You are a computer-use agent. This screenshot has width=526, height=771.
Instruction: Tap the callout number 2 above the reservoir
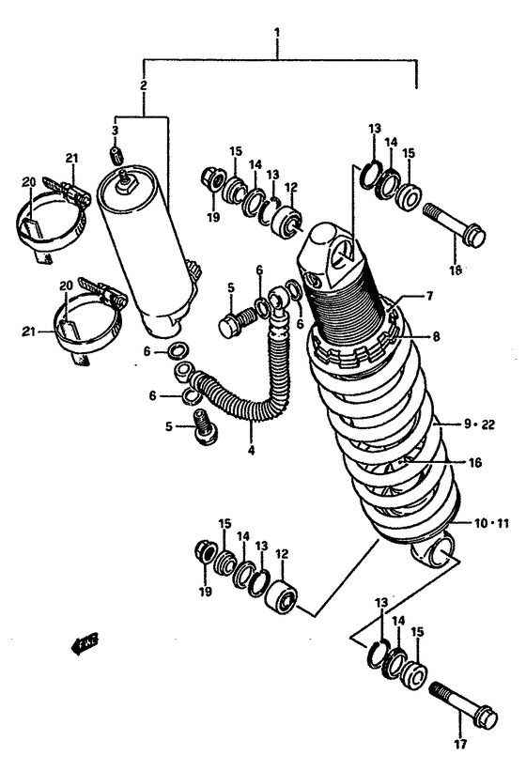[143, 86]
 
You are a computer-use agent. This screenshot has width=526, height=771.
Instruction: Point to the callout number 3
[115, 130]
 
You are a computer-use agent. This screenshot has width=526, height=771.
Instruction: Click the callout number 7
[427, 297]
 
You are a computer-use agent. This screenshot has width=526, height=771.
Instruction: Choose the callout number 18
[456, 270]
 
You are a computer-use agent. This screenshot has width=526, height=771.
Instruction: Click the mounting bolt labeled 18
[456, 226]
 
